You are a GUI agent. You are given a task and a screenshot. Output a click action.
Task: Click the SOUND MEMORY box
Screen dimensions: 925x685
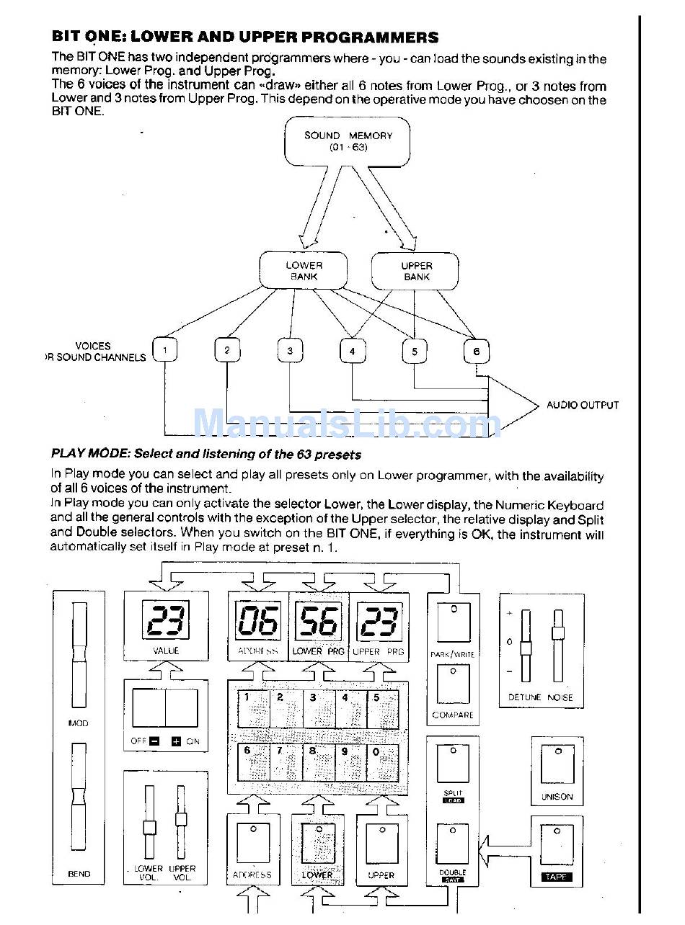click(348, 140)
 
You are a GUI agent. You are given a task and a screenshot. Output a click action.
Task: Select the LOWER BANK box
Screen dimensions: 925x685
click(304, 271)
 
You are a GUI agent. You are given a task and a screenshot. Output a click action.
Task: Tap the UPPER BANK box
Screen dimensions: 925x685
click(415, 271)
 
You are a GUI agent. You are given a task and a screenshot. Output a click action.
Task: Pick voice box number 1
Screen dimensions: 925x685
click(165, 351)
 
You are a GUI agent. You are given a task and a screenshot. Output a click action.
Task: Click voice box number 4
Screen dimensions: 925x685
click(352, 351)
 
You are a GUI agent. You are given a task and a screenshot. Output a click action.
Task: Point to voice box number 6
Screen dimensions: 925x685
click(477, 352)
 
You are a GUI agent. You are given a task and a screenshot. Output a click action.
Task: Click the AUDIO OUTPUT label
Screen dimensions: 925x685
click(582, 405)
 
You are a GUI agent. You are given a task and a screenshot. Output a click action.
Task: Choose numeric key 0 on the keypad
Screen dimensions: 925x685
click(382, 761)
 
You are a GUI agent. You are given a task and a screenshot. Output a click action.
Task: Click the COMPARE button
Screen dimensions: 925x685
click(453, 684)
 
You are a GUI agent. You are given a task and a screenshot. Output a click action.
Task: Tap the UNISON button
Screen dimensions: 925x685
click(557, 765)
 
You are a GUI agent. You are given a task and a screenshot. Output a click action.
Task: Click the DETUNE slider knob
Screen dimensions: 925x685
click(526, 648)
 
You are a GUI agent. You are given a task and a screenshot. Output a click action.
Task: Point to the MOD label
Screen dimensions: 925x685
click(79, 723)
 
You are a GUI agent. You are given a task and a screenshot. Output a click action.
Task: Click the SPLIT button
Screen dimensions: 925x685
click(453, 764)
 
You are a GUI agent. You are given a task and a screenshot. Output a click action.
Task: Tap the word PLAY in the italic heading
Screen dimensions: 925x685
click(67, 454)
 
